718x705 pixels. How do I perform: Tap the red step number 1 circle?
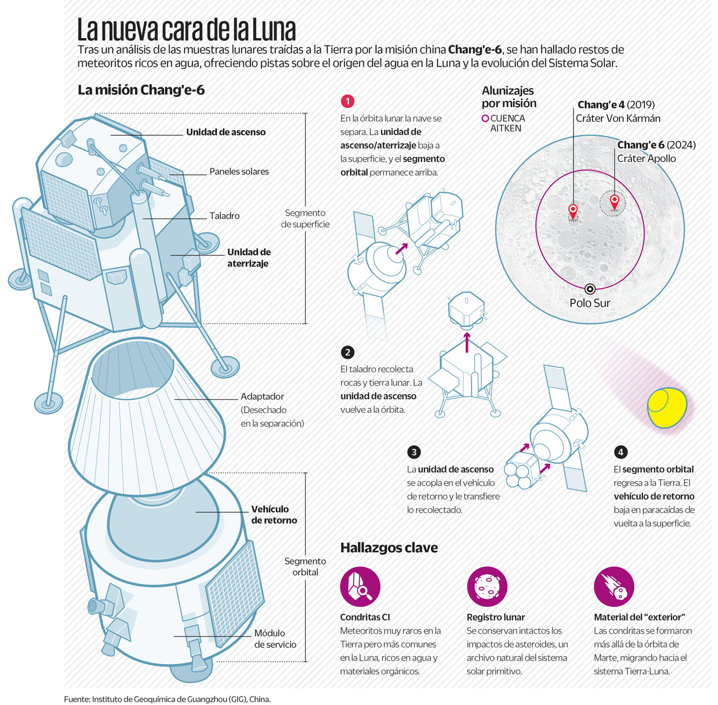click(347, 101)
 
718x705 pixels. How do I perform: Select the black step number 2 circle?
click(347, 352)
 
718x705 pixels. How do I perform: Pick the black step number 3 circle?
click(414, 452)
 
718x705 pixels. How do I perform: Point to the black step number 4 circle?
click(620, 452)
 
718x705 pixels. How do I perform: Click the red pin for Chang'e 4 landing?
click(573, 211)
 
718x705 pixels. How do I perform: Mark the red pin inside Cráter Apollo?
click(614, 201)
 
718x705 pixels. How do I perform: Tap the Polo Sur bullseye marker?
click(590, 289)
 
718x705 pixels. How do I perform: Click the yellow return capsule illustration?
click(667, 408)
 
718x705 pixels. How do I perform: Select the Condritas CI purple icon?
click(360, 587)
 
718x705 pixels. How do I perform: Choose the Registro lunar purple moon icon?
click(487, 587)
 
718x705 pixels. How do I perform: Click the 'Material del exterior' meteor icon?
click(614, 587)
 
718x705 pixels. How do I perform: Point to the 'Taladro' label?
click(224, 216)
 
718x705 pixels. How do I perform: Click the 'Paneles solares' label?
click(239, 172)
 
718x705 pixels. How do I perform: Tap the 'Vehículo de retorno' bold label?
click(274, 514)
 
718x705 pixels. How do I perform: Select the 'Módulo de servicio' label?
click(275, 639)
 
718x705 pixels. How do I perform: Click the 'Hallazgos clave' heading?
click(389, 548)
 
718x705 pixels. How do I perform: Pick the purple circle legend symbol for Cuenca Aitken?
click(485, 118)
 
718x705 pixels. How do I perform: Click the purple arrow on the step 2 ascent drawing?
click(467, 342)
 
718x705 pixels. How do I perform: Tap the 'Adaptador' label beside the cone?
click(262, 397)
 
